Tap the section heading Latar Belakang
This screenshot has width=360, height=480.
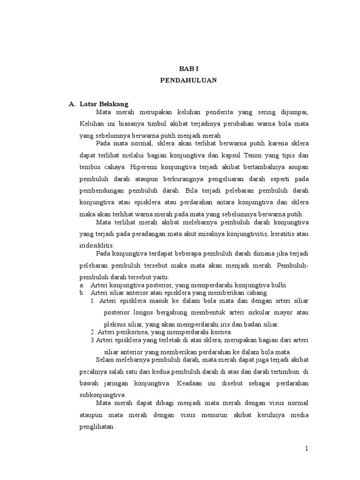point(104,104)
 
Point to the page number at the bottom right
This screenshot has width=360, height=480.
point(307,449)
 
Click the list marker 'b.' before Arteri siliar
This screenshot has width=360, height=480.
point(82,292)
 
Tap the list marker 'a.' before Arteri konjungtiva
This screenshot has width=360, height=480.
point(82,285)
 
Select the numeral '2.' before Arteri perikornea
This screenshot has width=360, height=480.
point(93,332)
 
